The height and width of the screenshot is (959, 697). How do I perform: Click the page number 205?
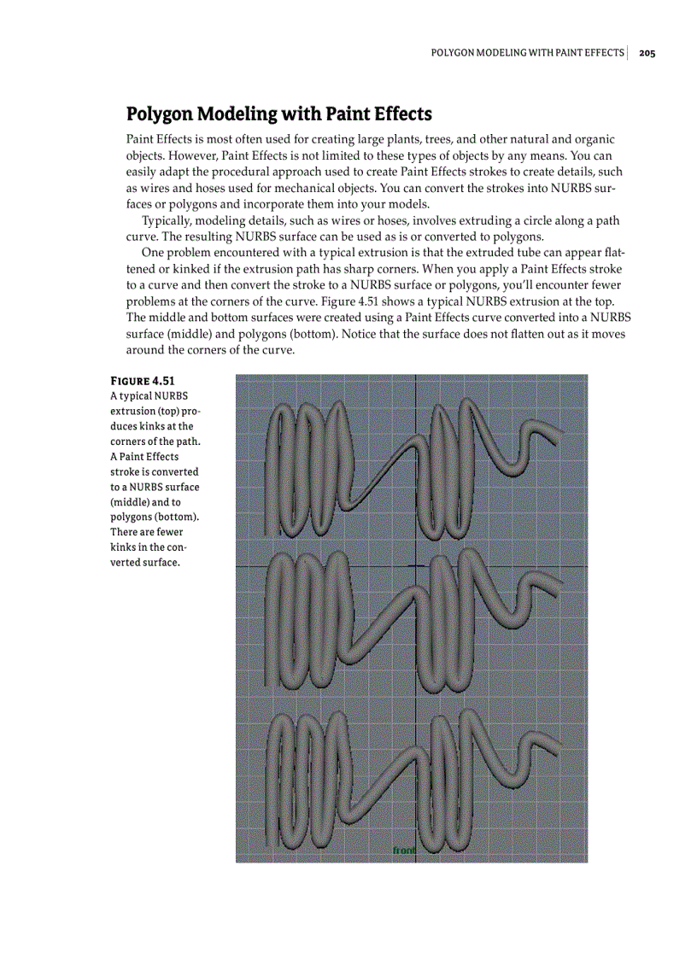click(647, 53)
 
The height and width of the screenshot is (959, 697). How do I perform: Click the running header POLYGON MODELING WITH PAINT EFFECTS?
click(527, 53)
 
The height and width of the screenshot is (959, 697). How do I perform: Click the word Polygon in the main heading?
click(167, 114)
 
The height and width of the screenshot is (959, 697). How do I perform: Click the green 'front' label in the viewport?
click(403, 851)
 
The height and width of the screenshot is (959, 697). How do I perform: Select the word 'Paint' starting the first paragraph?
click(140, 138)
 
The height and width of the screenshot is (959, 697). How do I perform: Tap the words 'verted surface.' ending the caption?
click(144, 563)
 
